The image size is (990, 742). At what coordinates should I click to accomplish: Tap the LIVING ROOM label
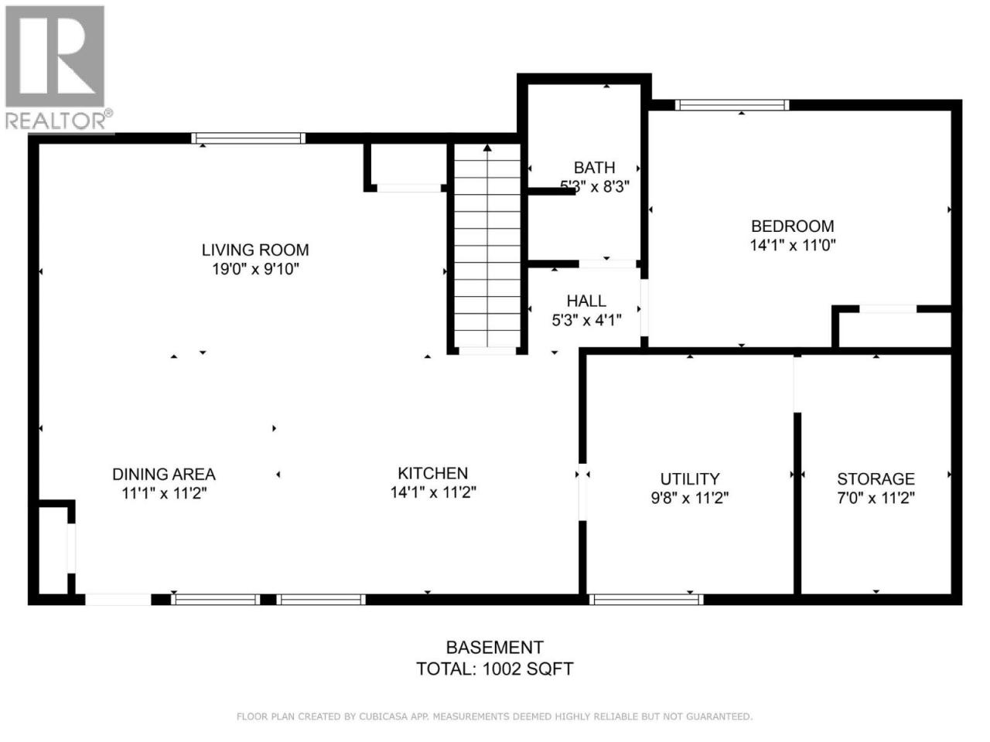click(x=255, y=250)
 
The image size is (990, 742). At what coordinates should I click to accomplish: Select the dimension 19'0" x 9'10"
click(x=256, y=269)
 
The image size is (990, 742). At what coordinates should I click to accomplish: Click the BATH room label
click(x=594, y=168)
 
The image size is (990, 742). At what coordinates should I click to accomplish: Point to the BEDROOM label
click(x=793, y=226)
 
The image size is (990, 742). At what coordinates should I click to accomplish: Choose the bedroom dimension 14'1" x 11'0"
click(x=793, y=245)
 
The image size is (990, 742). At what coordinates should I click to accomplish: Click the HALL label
click(x=586, y=301)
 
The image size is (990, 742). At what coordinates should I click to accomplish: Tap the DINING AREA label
click(x=164, y=475)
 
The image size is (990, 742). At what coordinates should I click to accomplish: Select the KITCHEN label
click(x=433, y=473)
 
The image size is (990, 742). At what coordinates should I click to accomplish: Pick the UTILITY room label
click(x=690, y=478)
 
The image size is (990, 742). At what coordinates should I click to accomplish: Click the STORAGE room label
click(x=876, y=478)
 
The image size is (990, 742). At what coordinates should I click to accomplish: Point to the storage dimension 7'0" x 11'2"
click(x=876, y=498)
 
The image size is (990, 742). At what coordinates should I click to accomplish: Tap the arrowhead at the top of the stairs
click(x=487, y=148)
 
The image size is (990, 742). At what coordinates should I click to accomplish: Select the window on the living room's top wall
click(x=248, y=138)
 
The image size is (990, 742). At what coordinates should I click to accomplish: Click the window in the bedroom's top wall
click(x=732, y=105)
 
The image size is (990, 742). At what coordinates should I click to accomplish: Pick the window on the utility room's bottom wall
click(x=646, y=599)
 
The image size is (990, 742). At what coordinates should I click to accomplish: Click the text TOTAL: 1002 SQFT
click(x=494, y=669)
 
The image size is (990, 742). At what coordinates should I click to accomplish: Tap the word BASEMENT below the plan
click(x=495, y=648)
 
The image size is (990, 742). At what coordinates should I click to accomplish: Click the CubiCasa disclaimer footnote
click(x=494, y=716)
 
